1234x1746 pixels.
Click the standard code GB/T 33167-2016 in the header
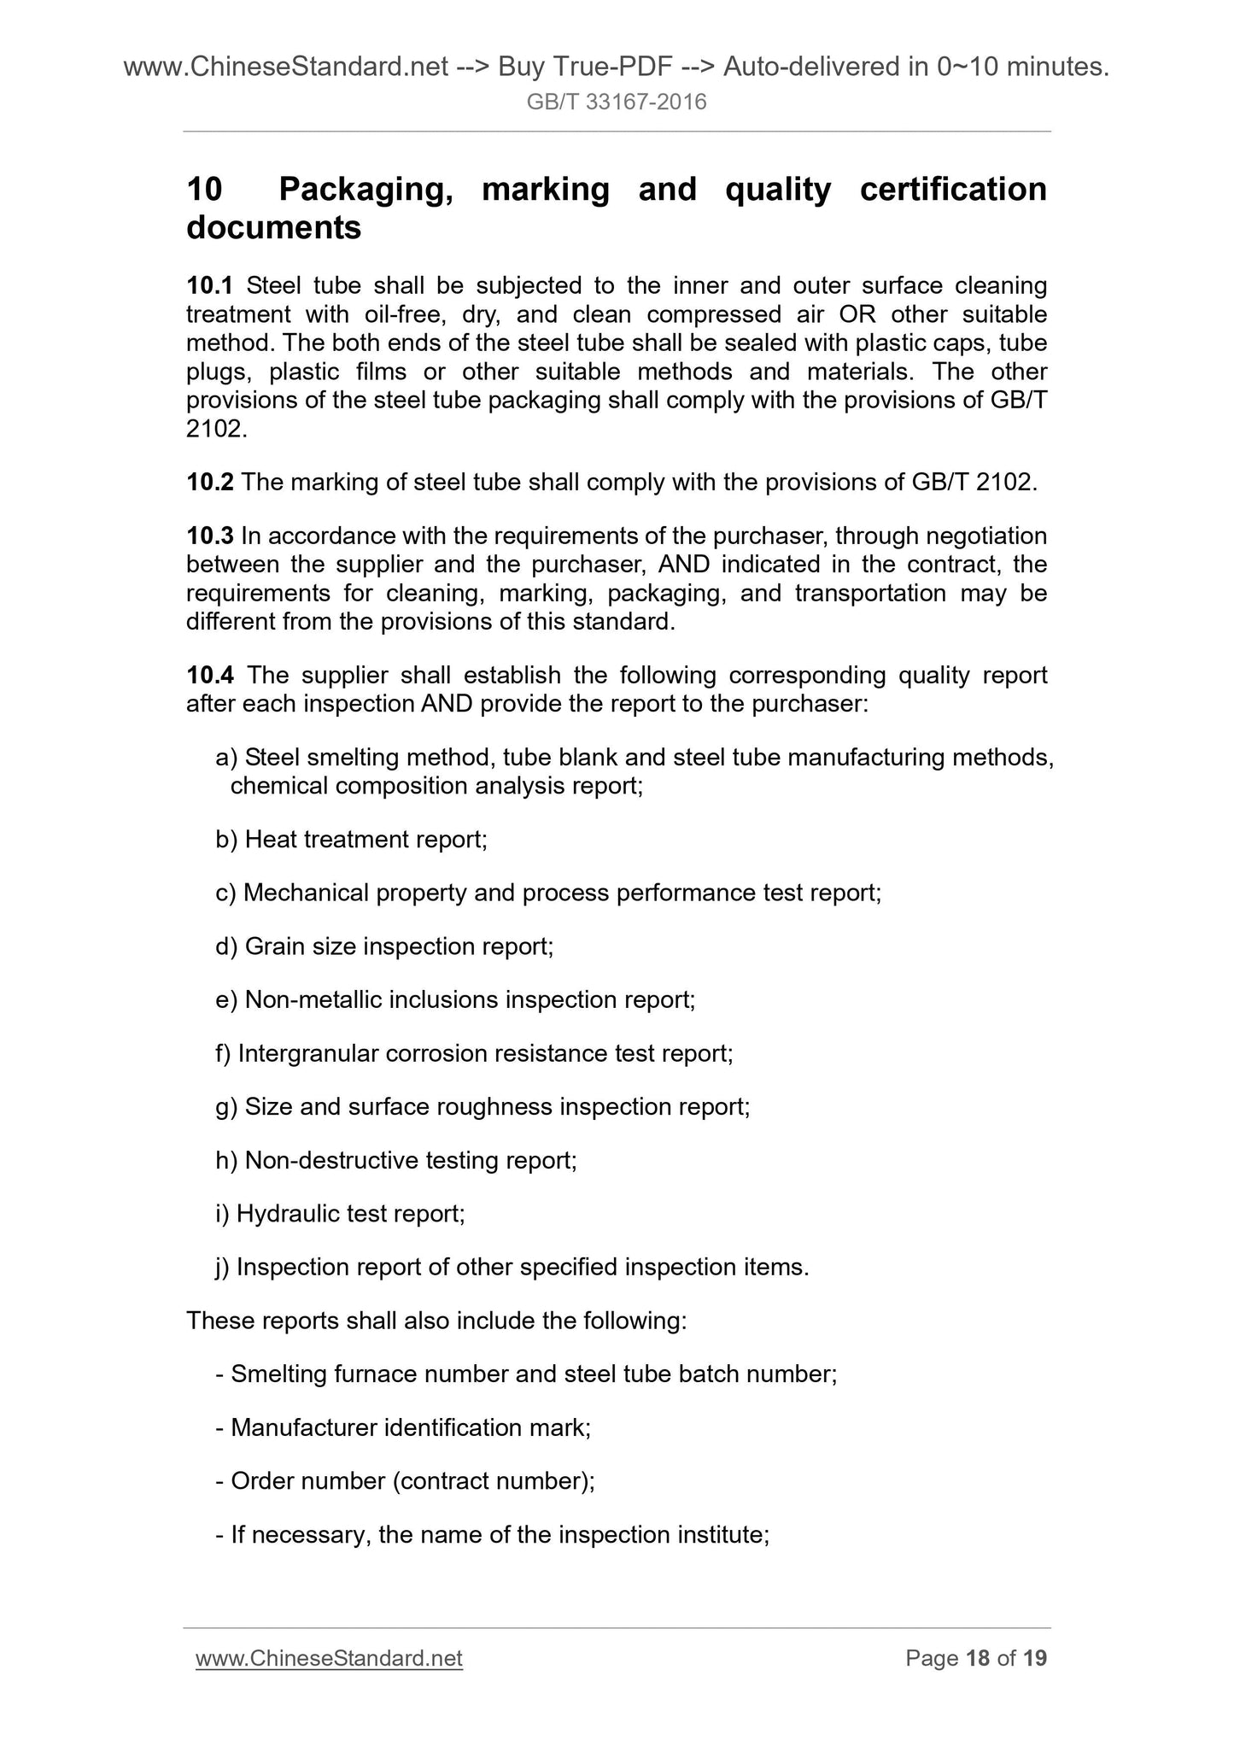click(617, 103)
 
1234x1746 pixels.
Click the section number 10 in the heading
click(205, 189)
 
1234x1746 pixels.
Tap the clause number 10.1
click(210, 285)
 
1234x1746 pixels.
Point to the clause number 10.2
click(210, 483)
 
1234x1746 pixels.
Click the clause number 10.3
click(210, 536)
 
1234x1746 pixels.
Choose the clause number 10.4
click(210, 676)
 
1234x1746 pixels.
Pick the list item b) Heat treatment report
click(351, 840)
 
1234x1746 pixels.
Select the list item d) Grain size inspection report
click(384, 946)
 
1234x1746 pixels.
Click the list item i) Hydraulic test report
click(340, 1214)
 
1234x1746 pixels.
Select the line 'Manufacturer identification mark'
click(403, 1428)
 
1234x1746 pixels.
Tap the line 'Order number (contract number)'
click(405, 1481)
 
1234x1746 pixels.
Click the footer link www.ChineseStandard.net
click(329, 1659)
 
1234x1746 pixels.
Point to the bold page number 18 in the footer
click(977, 1659)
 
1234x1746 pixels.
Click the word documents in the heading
click(273, 229)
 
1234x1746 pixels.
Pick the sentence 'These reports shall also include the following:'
click(436, 1321)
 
